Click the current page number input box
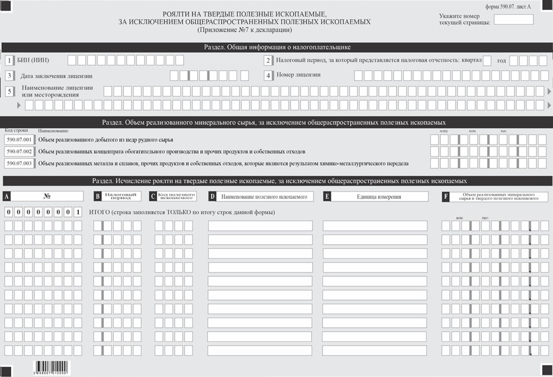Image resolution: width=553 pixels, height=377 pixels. [x=513, y=19]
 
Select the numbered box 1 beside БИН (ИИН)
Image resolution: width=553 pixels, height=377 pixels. [x=9, y=60]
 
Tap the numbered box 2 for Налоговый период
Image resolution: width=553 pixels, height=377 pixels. [x=268, y=60]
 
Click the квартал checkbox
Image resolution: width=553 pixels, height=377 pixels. [x=487, y=60]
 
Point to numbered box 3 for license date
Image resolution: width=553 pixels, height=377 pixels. [x=9, y=76]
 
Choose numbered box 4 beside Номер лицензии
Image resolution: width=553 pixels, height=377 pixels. [x=268, y=75]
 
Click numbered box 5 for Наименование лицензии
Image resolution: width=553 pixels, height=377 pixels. [x=9, y=91]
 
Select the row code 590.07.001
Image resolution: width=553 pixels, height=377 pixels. [x=19, y=140]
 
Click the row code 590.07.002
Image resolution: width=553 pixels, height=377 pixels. [x=19, y=151]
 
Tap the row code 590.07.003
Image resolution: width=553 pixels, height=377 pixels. [x=19, y=163]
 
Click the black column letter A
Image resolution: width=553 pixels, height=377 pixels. [x=7, y=196]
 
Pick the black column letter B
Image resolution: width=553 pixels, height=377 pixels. [x=97, y=196]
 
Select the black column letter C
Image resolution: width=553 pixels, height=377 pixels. [x=153, y=196]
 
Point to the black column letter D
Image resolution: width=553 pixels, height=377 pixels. [x=212, y=196]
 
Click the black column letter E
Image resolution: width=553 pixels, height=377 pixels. [x=327, y=196]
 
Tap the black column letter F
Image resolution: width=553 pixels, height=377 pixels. [x=445, y=196]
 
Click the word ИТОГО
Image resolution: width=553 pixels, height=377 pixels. [x=98, y=212]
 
